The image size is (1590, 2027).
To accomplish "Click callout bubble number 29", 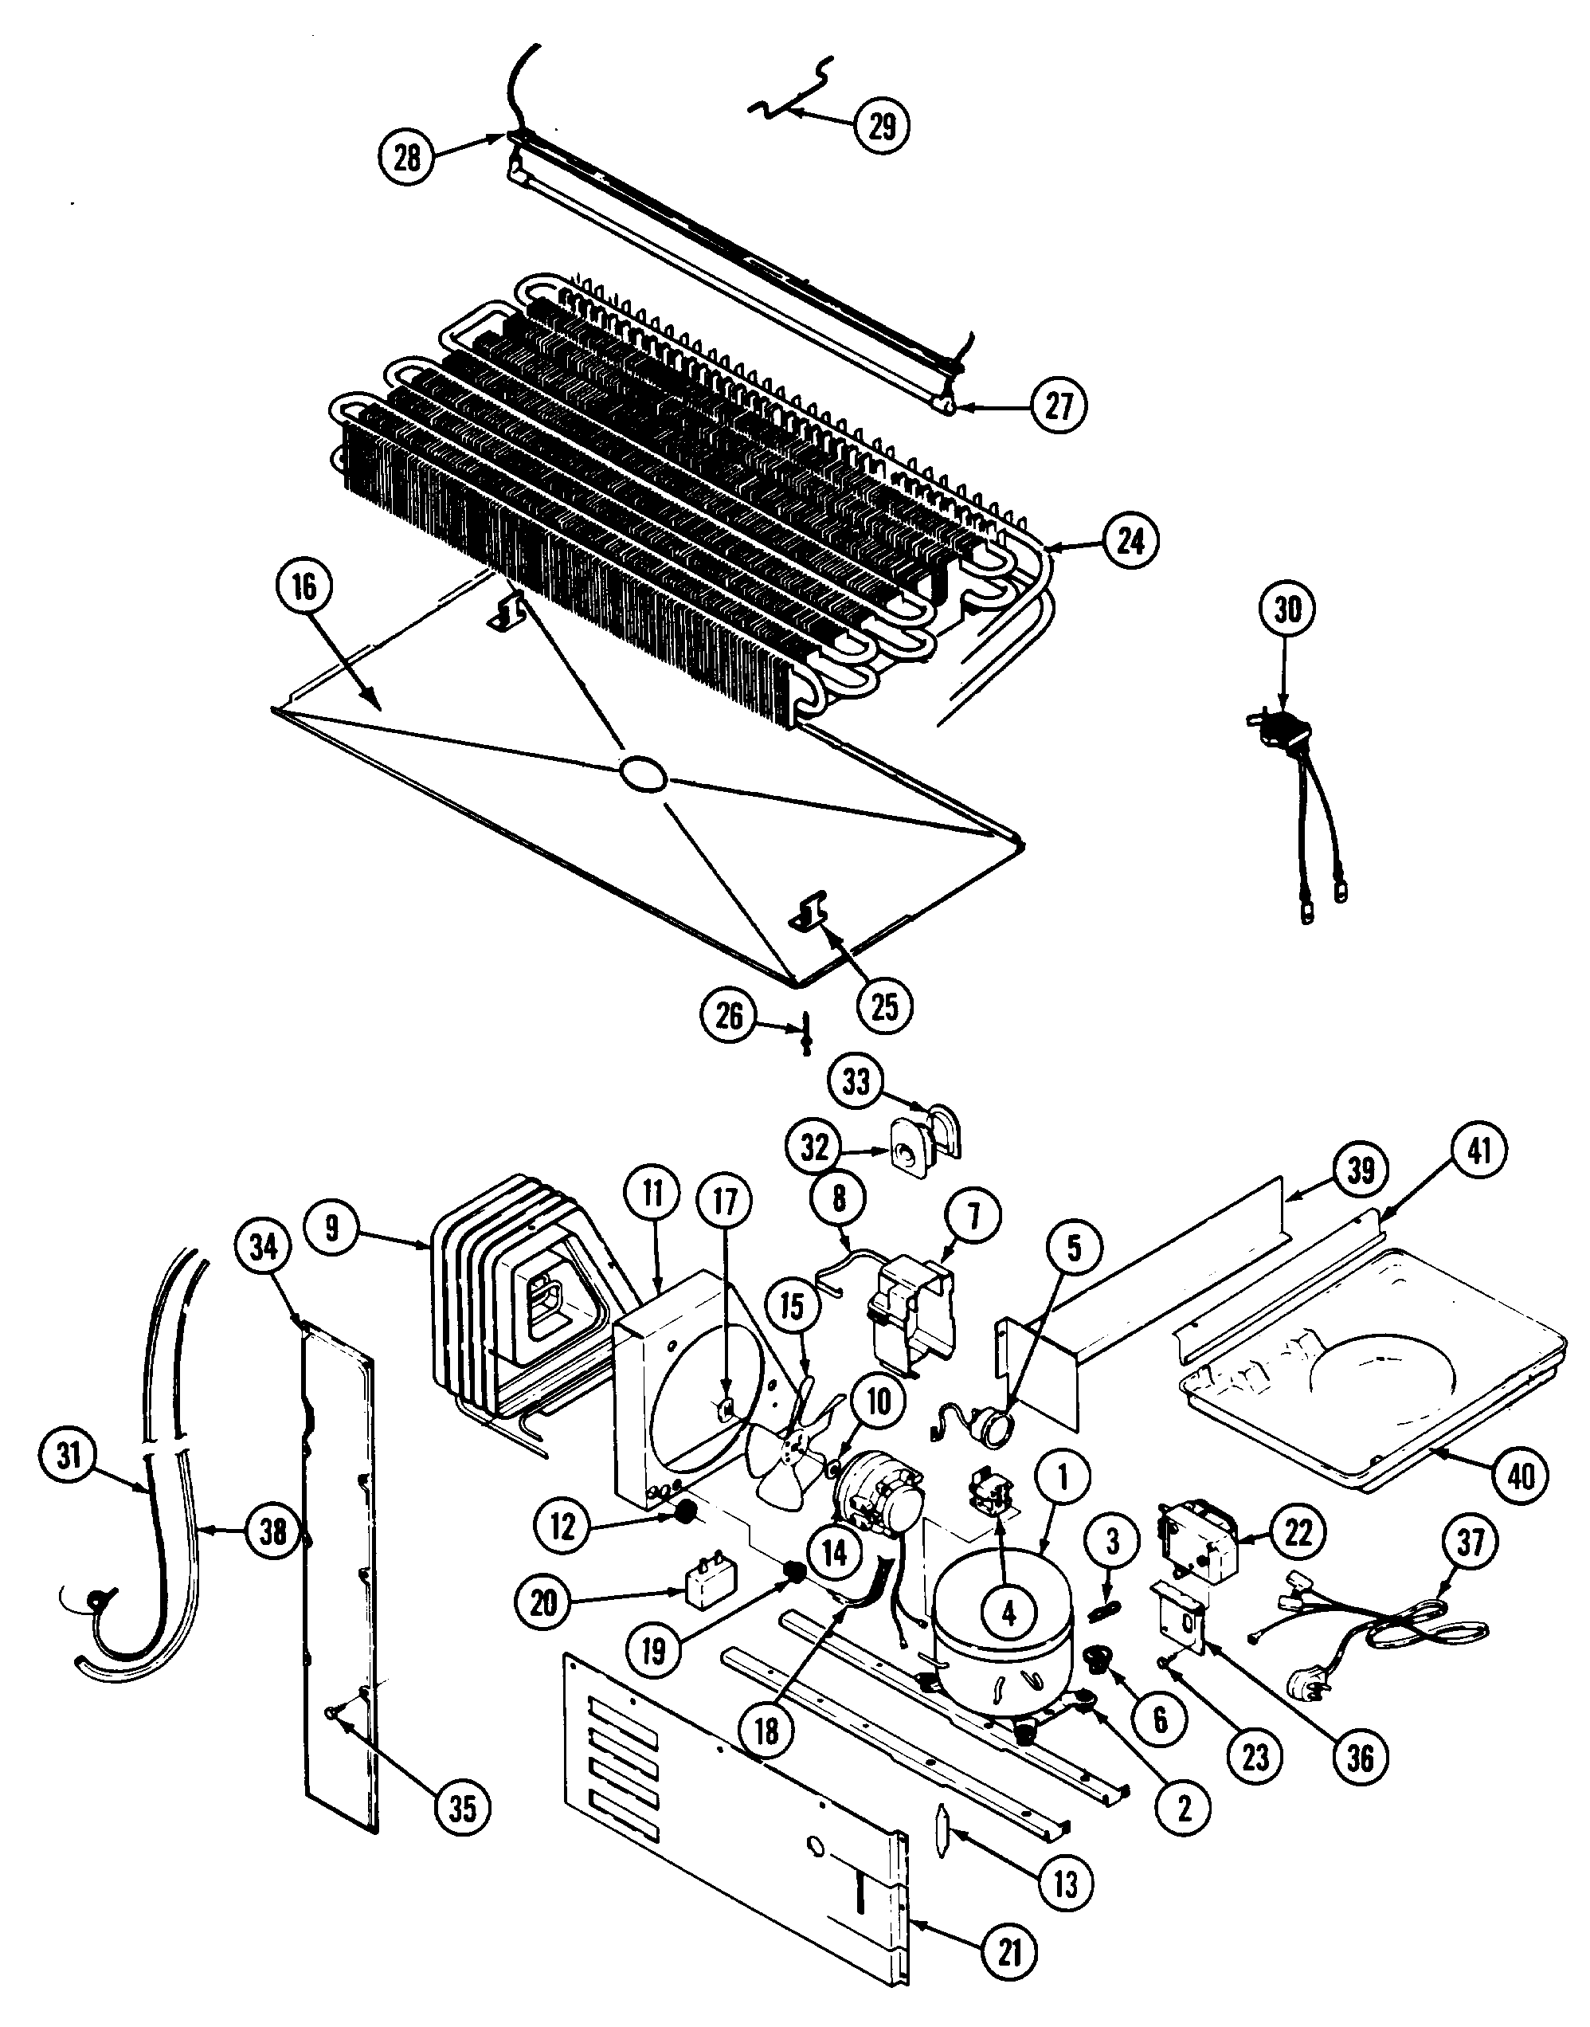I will coord(881,126).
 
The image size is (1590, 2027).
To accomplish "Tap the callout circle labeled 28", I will coord(407,156).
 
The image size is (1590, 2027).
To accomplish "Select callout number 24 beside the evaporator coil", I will coord(1130,540).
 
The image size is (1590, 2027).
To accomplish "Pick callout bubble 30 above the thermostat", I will coord(1287,610).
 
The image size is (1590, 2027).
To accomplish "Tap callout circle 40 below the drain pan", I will coord(1519,1475).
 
